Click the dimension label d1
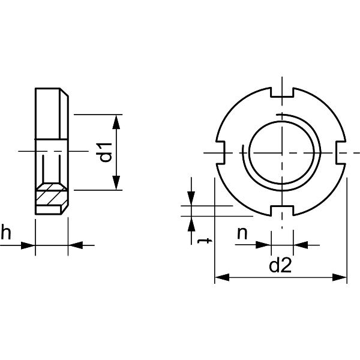coord(106,152)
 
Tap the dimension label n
coord(242,233)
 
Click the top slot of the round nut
coord(281,92)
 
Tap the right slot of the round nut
coord(341,152)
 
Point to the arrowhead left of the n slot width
coord(265,244)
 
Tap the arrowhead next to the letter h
coord(28,245)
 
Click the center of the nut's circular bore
coord(281,152)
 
